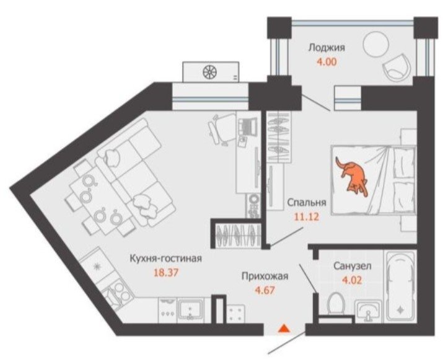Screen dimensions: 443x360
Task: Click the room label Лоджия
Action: pos(327,47)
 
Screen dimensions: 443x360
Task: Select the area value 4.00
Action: pos(327,61)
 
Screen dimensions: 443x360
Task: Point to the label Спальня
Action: pos(307,203)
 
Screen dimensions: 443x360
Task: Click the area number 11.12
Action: pos(307,217)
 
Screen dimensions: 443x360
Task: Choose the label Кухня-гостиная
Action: pos(165,258)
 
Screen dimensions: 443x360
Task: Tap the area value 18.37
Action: pos(167,273)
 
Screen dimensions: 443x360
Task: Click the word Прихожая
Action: pos(265,276)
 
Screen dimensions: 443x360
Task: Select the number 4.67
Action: pos(265,290)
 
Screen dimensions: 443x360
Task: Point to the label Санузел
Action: pos(353,266)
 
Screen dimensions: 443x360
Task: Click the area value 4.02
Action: pos(353,280)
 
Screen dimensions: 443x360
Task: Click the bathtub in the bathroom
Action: pos(400,286)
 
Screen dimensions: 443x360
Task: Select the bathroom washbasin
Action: pos(368,311)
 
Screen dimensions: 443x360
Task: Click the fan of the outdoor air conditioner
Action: pos(211,72)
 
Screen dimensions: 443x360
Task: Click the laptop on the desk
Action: pos(247,126)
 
